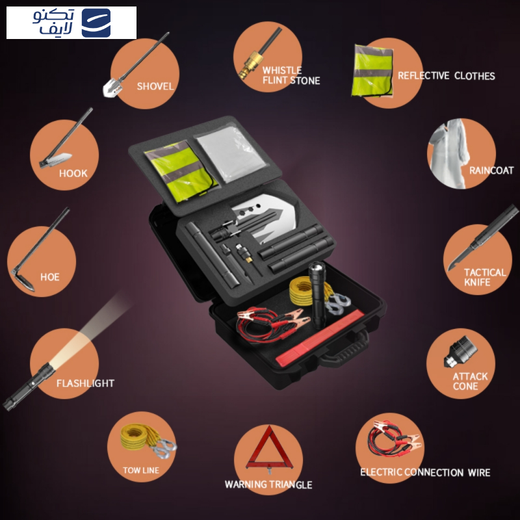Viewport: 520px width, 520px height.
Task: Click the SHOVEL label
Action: pyautogui.click(x=155, y=86)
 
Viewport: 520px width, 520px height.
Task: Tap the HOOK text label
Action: pyautogui.click(x=73, y=173)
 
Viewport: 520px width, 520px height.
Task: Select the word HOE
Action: pyautogui.click(x=50, y=277)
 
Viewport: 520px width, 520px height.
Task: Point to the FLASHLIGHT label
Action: pyautogui.click(x=85, y=383)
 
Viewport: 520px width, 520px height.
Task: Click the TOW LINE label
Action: pyautogui.click(x=141, y=470)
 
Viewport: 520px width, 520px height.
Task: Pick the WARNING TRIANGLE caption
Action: pyautogui.click(x=268, y=484)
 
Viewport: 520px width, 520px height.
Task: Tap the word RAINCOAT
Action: pyautogui.click(x=491, y=170)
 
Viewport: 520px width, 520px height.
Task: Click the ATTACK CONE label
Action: pyautogui.click(x=470, y=382)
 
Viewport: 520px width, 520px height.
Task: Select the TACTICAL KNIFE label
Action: pyautogui.click(x=484, y=278)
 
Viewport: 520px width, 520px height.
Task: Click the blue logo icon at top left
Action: pyautogui.click(x=96, y=23)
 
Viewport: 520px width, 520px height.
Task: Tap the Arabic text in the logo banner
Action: pyautogui.click(x=53, y=22)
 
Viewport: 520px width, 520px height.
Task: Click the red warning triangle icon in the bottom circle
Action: pyautogui.click(x=269, y=448)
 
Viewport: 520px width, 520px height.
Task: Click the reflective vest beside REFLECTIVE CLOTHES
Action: pyautogui.click(x=372, y=71)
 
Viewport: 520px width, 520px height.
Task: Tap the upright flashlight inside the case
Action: pyautogui.click(x=318, y=294)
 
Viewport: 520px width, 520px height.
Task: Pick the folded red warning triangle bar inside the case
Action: pyautogui.click(x=320, y=337)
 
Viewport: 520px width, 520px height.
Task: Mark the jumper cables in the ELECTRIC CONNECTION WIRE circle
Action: pyautogui.click(x=393, y=439)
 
